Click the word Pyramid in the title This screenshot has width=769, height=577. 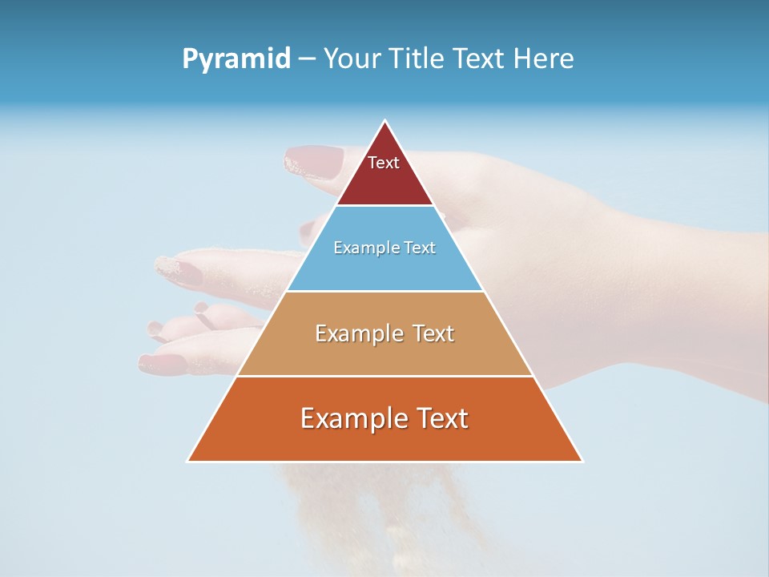tap(236, 59)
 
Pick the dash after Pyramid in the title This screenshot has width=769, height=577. tap(306, 59)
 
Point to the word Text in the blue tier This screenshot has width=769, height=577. tap(421, 248)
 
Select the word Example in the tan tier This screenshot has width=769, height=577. tap(356, 333)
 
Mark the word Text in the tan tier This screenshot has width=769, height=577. tap(433, 333)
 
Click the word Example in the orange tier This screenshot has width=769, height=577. tap(348, 418)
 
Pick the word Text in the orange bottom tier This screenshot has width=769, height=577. tap(442, 418)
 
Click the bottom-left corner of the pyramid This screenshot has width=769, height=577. tap(188, 461)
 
